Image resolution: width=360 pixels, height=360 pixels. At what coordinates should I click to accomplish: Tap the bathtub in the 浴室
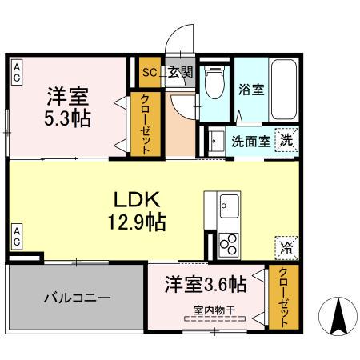click(283, 88)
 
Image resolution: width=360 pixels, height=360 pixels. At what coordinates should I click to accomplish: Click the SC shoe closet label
click(149, 72)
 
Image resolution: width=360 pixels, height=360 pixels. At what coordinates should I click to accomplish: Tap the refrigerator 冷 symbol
click(286, 248)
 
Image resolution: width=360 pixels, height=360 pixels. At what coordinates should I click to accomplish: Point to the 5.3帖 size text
click(67, 118)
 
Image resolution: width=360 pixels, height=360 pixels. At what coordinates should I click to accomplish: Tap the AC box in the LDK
click(16, 237)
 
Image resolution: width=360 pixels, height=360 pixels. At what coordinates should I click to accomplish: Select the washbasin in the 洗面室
click(216, 140)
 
